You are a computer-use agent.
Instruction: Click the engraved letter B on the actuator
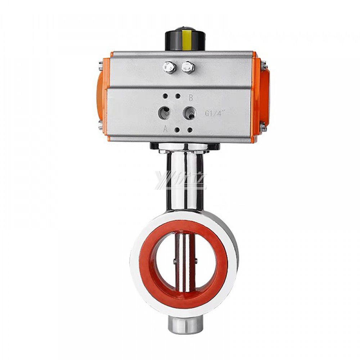click(x=191, y=97)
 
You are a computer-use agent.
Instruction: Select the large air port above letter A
click(x=166, y=113)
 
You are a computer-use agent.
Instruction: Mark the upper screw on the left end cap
click(x=100, y=67)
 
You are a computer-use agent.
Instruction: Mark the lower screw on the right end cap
click(x=263, y=126)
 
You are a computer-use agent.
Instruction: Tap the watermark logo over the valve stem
click(x=180, y=180)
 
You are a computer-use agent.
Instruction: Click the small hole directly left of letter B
click(x=177, y=96)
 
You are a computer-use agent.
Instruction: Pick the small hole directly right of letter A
click(x=177, y=130)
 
